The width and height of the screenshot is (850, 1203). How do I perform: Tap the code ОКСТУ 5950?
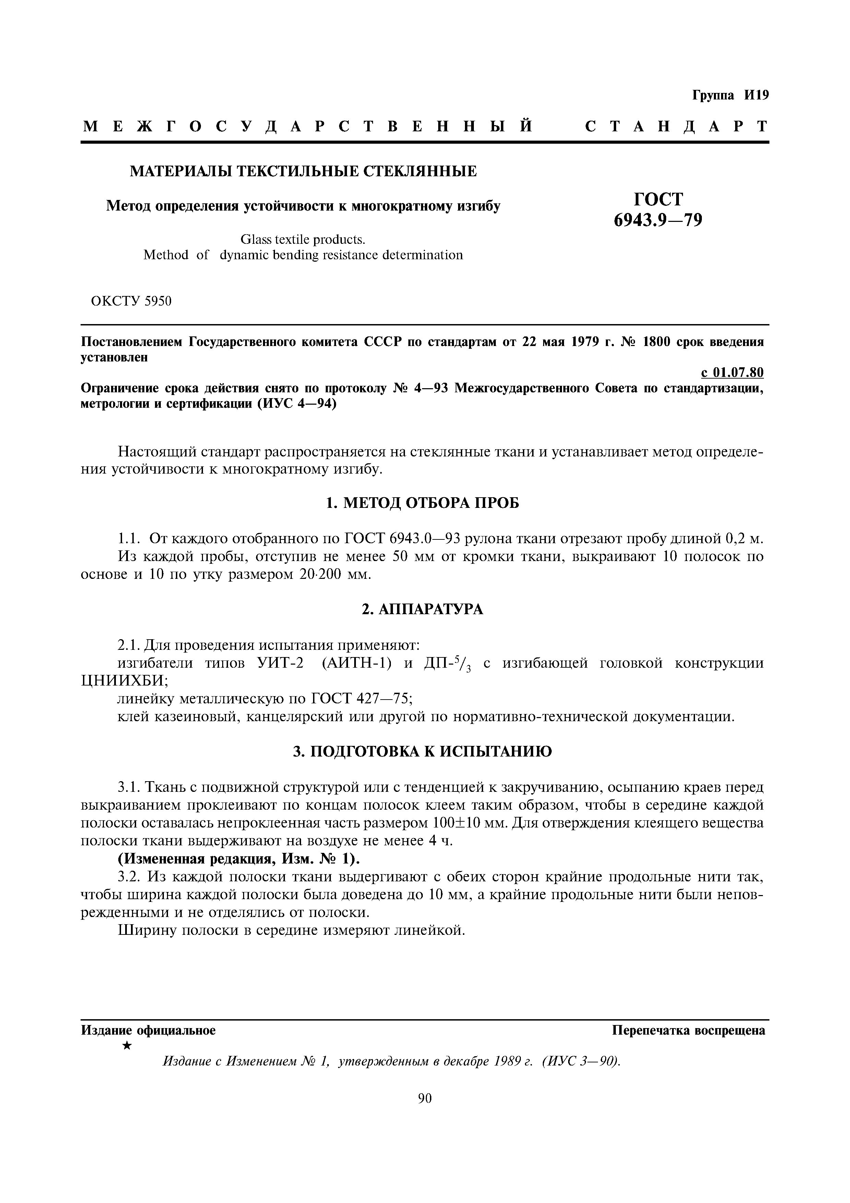coord(131,301)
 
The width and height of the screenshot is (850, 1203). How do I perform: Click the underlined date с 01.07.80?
coord(732,372)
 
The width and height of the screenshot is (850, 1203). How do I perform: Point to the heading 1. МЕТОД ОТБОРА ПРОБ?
coord(423,503)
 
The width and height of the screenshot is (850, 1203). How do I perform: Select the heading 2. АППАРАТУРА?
coord(423,609)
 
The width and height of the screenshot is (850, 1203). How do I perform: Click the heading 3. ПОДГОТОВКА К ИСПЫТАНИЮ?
coord(423,752)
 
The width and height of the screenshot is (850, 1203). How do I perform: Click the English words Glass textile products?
coord(303,239)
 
